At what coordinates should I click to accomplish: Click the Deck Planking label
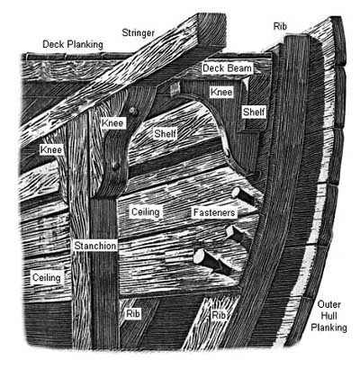pos(73,44)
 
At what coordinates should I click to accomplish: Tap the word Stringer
pos(139,32)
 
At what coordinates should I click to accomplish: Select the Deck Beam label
pos(227,68)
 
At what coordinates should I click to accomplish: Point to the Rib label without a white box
pos(280,26)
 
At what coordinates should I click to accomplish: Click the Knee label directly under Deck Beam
pos(221,92)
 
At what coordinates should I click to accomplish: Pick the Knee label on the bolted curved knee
pos(112,123)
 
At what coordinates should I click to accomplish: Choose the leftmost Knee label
pos(51,149)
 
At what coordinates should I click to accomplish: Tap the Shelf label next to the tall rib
pos(254,112)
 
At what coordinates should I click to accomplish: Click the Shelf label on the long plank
pos(166,133)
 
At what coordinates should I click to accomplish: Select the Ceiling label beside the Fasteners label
pos(146,212)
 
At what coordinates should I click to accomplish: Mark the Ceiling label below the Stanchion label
pos(47,277)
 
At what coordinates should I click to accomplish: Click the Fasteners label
pos(214,212)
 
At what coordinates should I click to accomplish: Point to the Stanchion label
pos(95,246)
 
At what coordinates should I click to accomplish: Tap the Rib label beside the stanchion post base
pos(133,314)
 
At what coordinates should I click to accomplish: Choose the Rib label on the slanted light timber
pos(219,315)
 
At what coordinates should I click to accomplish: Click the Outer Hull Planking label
pos(328,316)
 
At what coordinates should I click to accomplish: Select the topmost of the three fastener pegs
pos(238,193)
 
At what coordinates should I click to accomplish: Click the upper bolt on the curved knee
pos(132,112)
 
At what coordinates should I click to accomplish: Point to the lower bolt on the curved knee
pos(115,166)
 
